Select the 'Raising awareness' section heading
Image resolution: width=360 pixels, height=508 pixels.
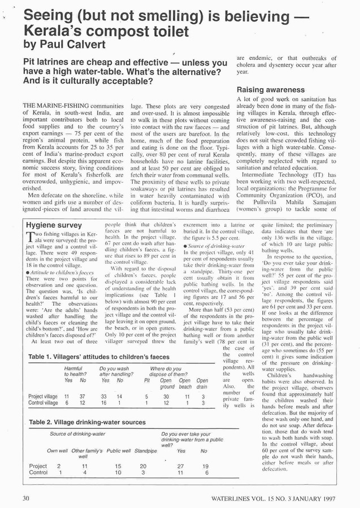click(267, 89)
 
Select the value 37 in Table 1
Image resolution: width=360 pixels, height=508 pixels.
click(83, 397)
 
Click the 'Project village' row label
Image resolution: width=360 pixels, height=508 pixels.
click(42, 397)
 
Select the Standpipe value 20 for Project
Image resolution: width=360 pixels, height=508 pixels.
click(143, 466)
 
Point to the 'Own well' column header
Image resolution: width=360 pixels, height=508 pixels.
click(57, 450)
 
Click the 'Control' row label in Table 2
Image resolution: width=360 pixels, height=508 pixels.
click(38, 472)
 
